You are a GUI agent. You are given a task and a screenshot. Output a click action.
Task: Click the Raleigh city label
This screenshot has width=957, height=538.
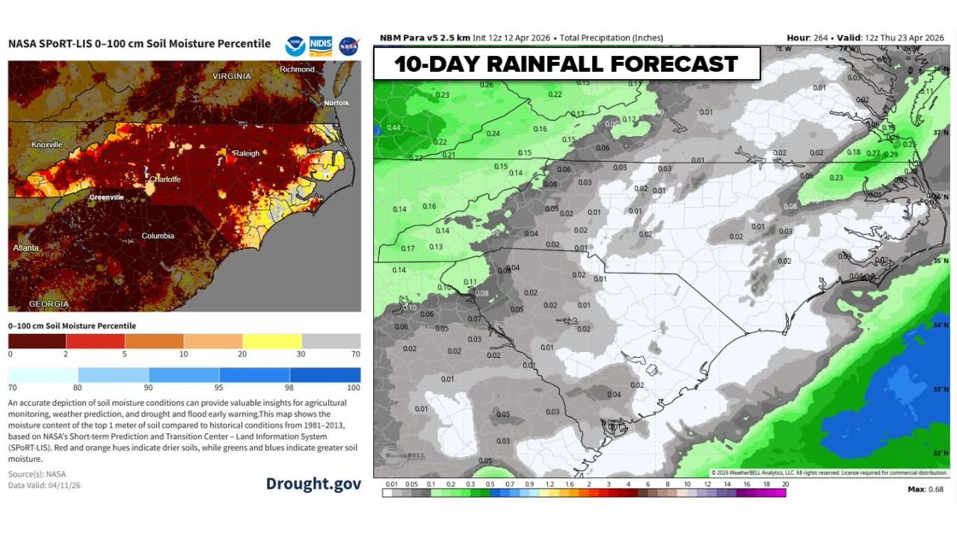[247, 153]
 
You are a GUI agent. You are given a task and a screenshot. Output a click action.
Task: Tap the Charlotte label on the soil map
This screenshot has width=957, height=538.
[164, 179]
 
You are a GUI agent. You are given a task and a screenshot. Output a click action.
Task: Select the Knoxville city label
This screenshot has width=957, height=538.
[47, 144]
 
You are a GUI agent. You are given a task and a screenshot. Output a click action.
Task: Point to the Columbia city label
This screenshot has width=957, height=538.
[158, 236]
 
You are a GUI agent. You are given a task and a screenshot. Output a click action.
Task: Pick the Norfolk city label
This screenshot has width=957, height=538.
[336, 102]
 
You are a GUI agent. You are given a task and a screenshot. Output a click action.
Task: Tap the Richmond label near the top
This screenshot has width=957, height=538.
[297, 69]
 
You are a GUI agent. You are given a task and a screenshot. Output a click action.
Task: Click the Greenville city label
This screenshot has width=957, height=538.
[106, 197]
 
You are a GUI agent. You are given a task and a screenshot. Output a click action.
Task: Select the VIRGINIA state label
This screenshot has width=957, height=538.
[231, 77]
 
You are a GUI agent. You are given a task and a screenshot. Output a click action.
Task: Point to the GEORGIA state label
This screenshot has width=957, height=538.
[49, 304]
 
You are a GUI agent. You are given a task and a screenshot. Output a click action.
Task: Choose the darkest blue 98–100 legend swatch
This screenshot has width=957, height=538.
[324, 374]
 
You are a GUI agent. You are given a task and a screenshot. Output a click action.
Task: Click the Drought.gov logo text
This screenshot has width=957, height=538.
[313, 483]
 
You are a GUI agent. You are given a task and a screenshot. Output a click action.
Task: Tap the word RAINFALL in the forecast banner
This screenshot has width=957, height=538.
[545, 64]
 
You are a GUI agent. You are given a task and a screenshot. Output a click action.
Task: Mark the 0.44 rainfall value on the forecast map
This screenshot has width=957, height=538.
[393, 128]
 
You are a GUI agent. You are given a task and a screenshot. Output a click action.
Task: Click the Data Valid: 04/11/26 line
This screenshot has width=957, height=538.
[44, 485]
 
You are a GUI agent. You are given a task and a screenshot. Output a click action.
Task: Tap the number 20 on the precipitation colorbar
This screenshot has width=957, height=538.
[785, 484]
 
